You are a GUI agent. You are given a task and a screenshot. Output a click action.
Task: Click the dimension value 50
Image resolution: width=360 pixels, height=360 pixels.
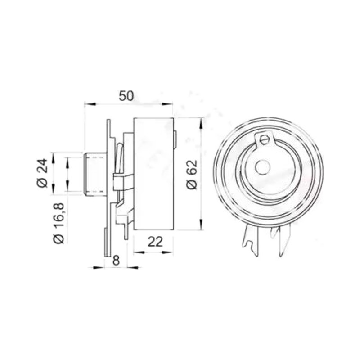pos(126,96)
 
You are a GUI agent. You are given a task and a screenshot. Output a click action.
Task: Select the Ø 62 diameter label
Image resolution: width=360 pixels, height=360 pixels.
pos(192,175)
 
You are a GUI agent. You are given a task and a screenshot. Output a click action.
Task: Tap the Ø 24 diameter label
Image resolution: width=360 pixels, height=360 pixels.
pos(42,173)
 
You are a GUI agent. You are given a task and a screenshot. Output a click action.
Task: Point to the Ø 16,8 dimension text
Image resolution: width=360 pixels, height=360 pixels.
pos(58,223)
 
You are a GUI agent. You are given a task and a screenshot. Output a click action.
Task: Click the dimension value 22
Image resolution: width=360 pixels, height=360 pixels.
pos(155,241)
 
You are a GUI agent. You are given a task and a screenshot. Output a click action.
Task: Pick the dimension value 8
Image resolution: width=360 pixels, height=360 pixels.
pos(116,261)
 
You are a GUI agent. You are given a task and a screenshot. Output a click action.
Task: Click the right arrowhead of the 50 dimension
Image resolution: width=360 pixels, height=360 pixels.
pos(167,104)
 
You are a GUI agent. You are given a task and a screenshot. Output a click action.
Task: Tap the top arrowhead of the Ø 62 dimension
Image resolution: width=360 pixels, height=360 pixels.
pos(201,123)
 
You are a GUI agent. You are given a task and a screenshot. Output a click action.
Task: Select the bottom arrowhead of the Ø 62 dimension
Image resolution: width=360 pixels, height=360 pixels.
pos(201,224)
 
